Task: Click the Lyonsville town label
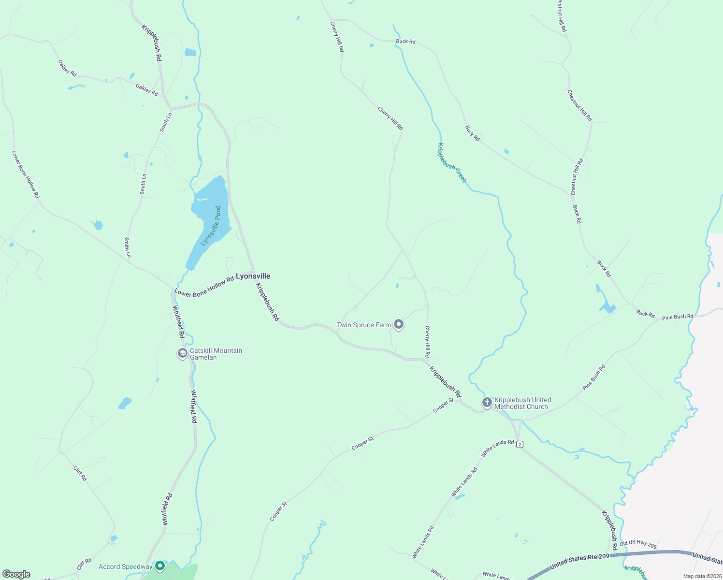[253, 276]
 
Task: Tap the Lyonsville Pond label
[211, 226]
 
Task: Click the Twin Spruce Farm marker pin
[399, 324]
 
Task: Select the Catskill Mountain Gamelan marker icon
[183, 353]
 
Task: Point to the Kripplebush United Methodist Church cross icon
[487, 402]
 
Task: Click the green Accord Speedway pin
[160, 566]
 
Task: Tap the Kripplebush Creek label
[452, 162]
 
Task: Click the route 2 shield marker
[520, 444]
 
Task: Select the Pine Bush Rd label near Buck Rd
[678, 317]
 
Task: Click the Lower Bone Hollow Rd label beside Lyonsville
[204, 287]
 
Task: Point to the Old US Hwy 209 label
[638, 544]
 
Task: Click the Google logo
[16, 574]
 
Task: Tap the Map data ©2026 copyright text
[701, 576]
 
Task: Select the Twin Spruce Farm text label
[364, 325]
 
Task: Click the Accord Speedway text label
[126, 566]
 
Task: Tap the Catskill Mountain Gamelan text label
[216, 354]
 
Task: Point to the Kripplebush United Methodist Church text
[522, 403]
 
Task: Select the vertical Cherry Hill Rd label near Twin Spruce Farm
[427, 341]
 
